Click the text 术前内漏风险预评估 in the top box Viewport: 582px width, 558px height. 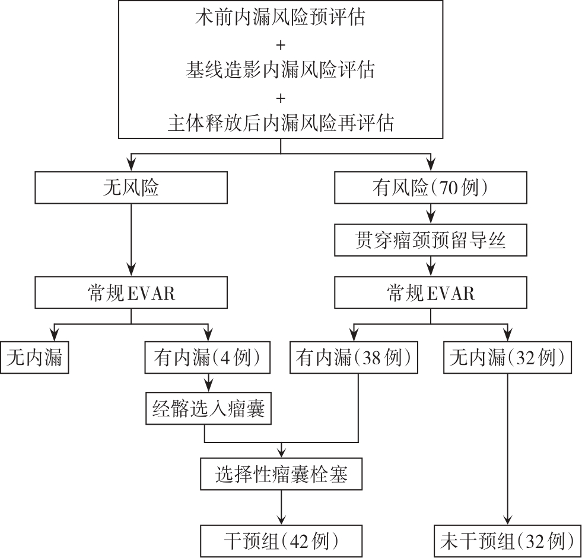[x=280, y=18]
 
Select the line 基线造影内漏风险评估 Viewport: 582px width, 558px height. [x=280, y=70]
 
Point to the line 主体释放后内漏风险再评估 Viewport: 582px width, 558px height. [x=280, y=124]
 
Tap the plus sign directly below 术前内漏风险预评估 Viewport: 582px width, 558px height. [x=280, y=44]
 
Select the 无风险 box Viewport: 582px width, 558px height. [x=131, y=188]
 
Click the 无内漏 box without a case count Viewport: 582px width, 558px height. [x=34, y=358]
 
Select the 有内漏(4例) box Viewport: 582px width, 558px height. [x=208, y=358]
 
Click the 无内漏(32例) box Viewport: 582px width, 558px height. [x=508, y=358]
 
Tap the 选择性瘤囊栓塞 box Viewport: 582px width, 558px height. [x=281, y=474]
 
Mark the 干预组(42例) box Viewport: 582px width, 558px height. [x=281, y=540]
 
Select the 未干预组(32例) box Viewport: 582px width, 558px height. [x=508, y=540]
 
